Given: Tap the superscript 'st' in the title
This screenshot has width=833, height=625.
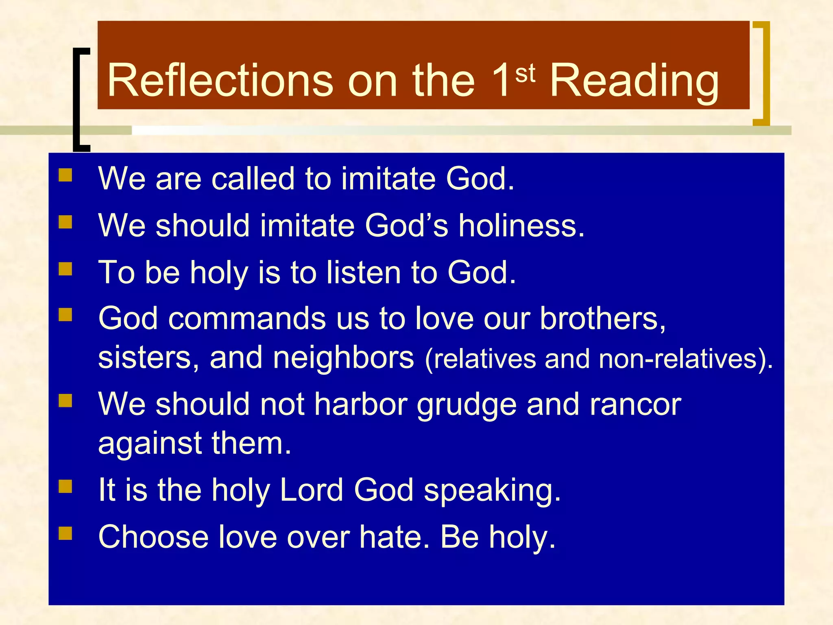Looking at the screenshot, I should [525, 74].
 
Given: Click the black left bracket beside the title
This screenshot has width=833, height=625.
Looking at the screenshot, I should [77, 100].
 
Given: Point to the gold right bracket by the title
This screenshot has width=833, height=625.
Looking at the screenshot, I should [765, 73].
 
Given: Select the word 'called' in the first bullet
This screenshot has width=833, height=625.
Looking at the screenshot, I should [253, 179].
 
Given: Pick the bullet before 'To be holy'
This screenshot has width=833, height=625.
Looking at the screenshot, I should [65, 269].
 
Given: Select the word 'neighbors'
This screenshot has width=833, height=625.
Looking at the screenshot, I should [343, 358].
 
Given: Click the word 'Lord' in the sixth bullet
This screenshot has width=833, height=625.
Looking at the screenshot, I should [312, 490].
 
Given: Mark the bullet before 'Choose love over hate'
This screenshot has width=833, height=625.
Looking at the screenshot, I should [65, 533].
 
